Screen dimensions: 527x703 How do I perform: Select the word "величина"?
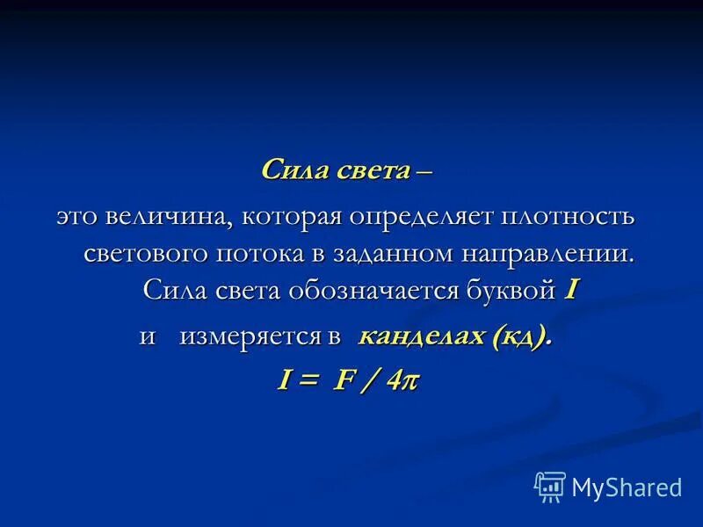point(170,217)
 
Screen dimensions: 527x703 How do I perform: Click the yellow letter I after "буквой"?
point(569,290)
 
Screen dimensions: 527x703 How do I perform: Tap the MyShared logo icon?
point(550,486)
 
